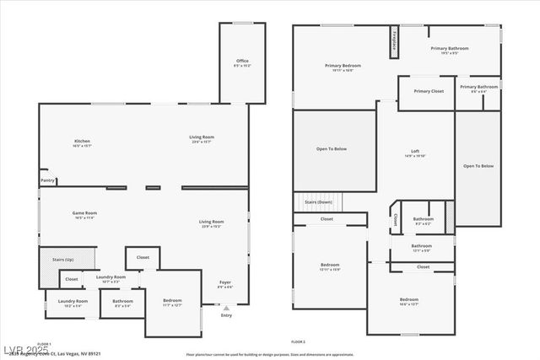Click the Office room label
click(x=242, y=61)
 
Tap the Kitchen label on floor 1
click(x=82, y=141)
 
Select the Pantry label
click(x=47, y=180)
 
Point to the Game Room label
click(x=84, y=213)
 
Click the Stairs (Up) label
click(x=62, y=260)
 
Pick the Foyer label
click(x=225, y=282)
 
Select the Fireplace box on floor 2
click(x=393, y=42)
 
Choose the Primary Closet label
click(x=428, y=91)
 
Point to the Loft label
click(x=414, y=151)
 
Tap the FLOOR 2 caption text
click(x=298, y=341)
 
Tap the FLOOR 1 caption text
click(x=44, y=344)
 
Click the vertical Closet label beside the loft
click(x=396, y=218)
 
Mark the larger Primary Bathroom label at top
click(x=449, y=48)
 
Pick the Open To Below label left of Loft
click(x=332, y=149)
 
